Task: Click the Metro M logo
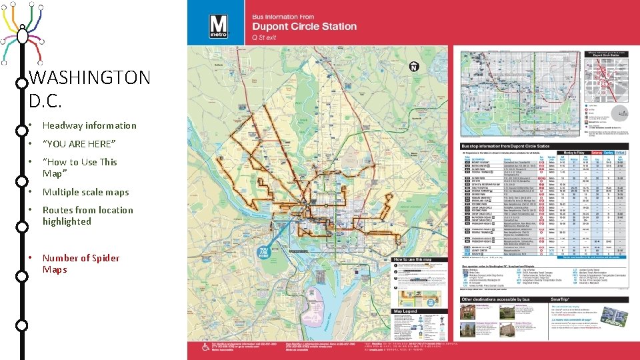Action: tap(219, 27)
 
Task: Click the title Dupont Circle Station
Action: tap(304, 27)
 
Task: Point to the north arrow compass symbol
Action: tap(413, 67)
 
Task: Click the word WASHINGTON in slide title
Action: tap(90, 78)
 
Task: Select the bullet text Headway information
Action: tap(89, 125)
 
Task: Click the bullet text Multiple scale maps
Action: tap(85, 192)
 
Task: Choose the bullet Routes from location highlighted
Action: tap(87, 215)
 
